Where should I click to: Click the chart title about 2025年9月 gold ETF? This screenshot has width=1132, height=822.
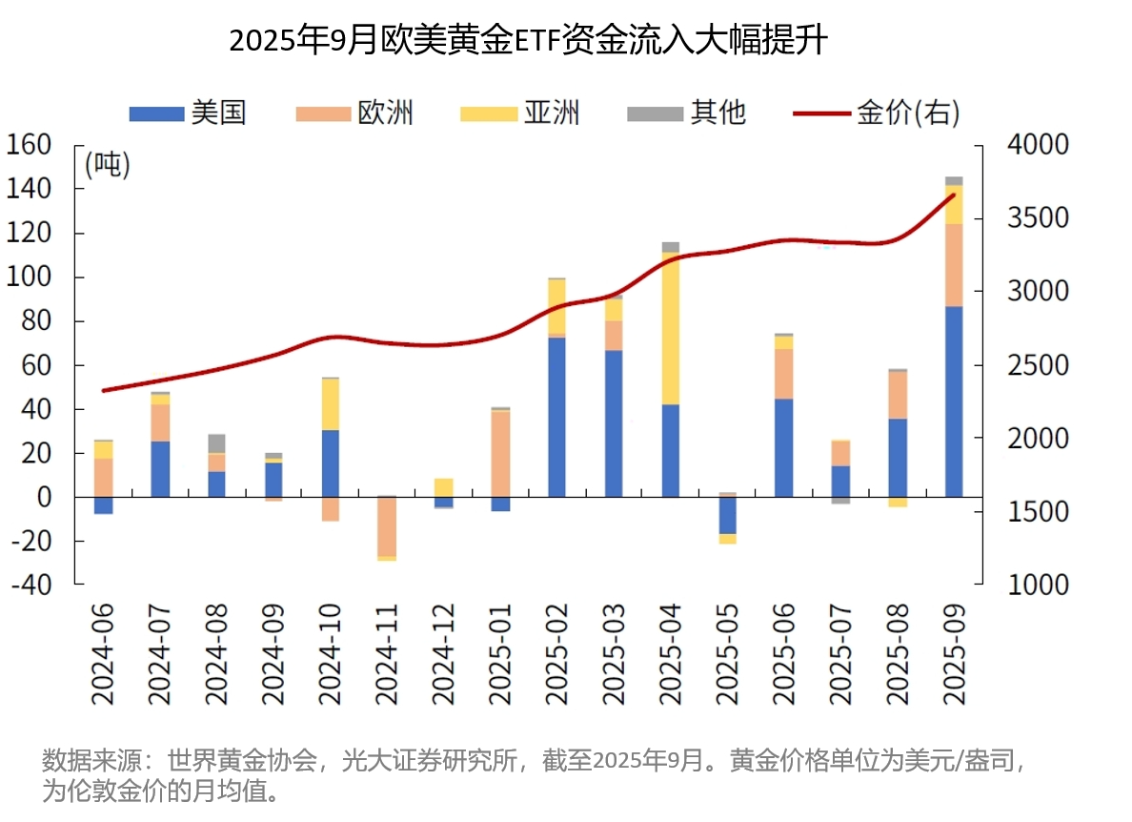pyautogui.click(x=528, y=42)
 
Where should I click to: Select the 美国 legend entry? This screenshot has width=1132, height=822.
pyautogui.click(x=188, y=113)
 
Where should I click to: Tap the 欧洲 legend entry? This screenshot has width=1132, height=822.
pyautogui.click(x=354, y=113)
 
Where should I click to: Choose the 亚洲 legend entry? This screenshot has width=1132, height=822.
pyautogui.click(x=519, y=113)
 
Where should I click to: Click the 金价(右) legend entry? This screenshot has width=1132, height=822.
pyautogui.click(x=877, y=113)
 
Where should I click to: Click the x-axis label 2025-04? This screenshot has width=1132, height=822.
pyautogui.click(x=671, y=654)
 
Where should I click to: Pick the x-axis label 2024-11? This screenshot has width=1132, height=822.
pyautogui.click(x=386, y=654)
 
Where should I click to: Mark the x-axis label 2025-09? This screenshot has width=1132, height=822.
pyautogui.click(x=953, y=654)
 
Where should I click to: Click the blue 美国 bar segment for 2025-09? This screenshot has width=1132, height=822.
pyautogui.click(x=953, y=401)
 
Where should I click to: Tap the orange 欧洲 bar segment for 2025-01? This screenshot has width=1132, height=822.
pyautogui.click(x=500, y=453)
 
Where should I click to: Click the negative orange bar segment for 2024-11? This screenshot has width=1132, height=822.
pyautogui.click(x=386, y=526)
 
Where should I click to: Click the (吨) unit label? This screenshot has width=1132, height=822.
pyautogui.click(x=107, y=165)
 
